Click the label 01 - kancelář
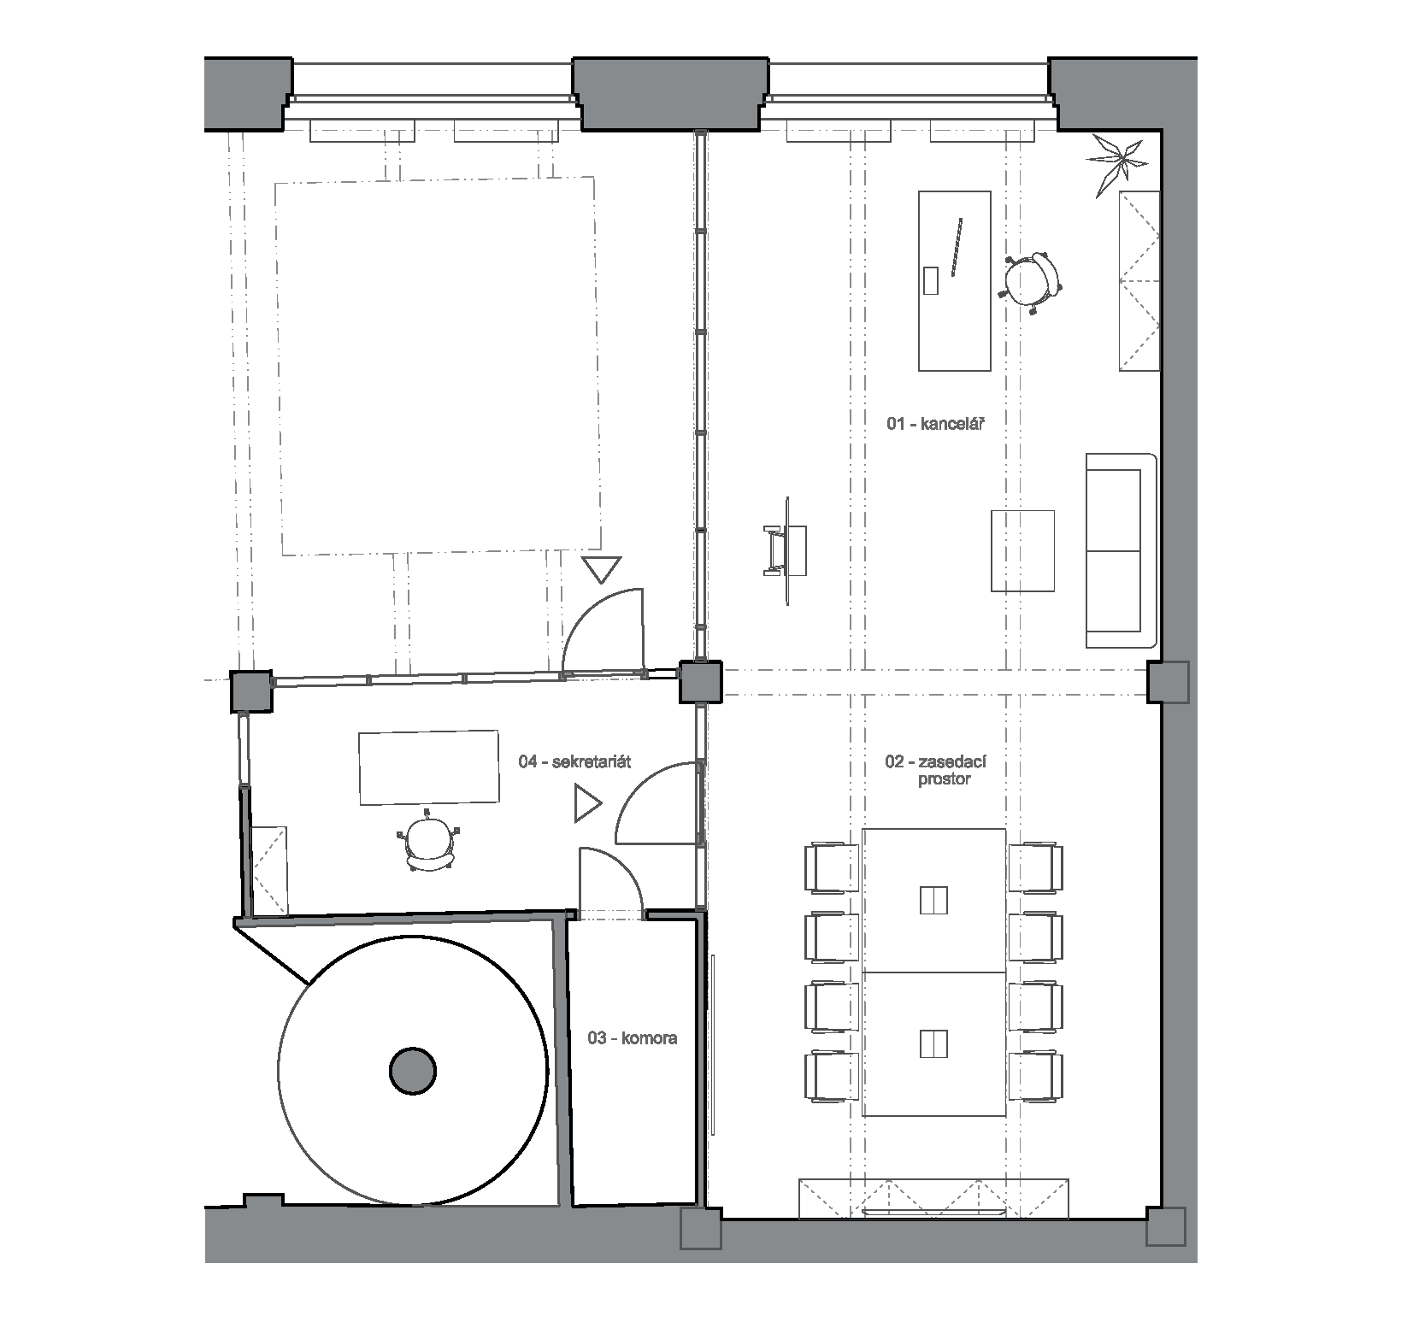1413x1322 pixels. tap(930, 422)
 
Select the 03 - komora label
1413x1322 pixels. tap(632, 1038)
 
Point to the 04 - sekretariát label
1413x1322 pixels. tap(574, 761)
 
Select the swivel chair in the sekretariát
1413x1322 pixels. tap(429, 841)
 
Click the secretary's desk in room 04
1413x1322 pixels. tap(428, 767)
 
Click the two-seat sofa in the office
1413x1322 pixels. tap(1121, 551)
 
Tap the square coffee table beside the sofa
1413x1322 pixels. tap(1022, 551)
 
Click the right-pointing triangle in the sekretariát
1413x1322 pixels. tap(588, 804)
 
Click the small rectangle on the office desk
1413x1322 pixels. tap(931, 279)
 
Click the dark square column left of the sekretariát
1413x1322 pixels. tap(252, 691)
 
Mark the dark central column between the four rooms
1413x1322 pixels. tap(700, 681)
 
